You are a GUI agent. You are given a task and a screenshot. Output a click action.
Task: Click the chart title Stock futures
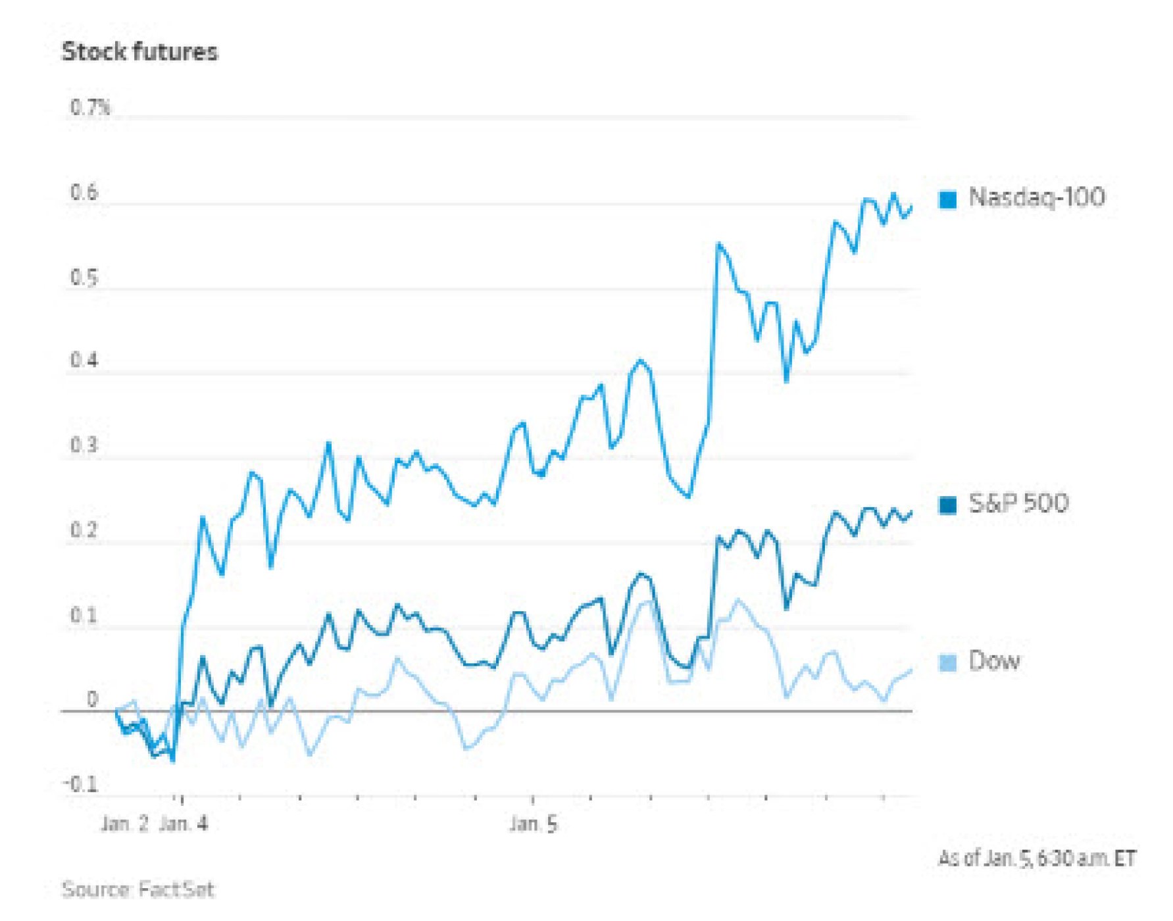pyautogui.click(x=139, y=52)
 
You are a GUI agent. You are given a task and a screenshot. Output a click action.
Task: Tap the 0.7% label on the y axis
pyautogui.click(x=90, y=107)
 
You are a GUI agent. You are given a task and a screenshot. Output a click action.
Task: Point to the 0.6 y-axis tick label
pyautogui.click(x=84, y=192)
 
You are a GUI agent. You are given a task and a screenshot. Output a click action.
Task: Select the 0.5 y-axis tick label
pyautogui.click(x=84, y=278)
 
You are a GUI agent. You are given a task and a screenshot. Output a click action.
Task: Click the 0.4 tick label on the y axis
pyautogui.click(x=84, y=361)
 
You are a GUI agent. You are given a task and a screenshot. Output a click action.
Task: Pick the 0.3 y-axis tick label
pyautogui.click(x=84, y=445)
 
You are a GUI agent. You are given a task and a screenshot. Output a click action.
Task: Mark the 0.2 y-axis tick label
pyautogui.click(x=84, y=530)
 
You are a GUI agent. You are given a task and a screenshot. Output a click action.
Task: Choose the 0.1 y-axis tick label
pyautogui.click(x=84, y=616)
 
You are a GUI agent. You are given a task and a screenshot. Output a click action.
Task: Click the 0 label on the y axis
pyautogui.click(x=92, y=699)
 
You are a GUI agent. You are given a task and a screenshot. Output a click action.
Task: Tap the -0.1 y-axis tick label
pyautogui.click(x=80, y=784)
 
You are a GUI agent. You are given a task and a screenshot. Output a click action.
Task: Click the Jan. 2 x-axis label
pyautogui.click(x=124, y=824)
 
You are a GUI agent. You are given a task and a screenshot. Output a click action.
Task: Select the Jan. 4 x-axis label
pyautogui.click(x=184, y=824)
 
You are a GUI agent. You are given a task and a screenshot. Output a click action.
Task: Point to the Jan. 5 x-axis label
pyautogui.click(x=534, y=824)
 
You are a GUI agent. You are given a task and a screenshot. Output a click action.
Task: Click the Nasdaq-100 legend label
pyautogui.click(x=1037, y=197)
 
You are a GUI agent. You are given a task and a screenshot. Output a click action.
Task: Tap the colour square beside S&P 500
pyautogui.click(x=948, y=505)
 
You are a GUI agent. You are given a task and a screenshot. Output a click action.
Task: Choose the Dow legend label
pyautogui.click(x=994, y=660)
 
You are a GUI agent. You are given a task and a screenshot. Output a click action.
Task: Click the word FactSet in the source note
pyautogui.click(x=176, y=890)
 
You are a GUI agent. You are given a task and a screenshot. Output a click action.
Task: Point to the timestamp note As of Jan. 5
pyautogui.click(x=1037, y=859)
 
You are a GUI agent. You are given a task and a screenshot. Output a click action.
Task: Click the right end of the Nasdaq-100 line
pyautogui.click(x=911, y=208)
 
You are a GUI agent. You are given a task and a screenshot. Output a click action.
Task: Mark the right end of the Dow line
pyautogui.click(x=911, y=671)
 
